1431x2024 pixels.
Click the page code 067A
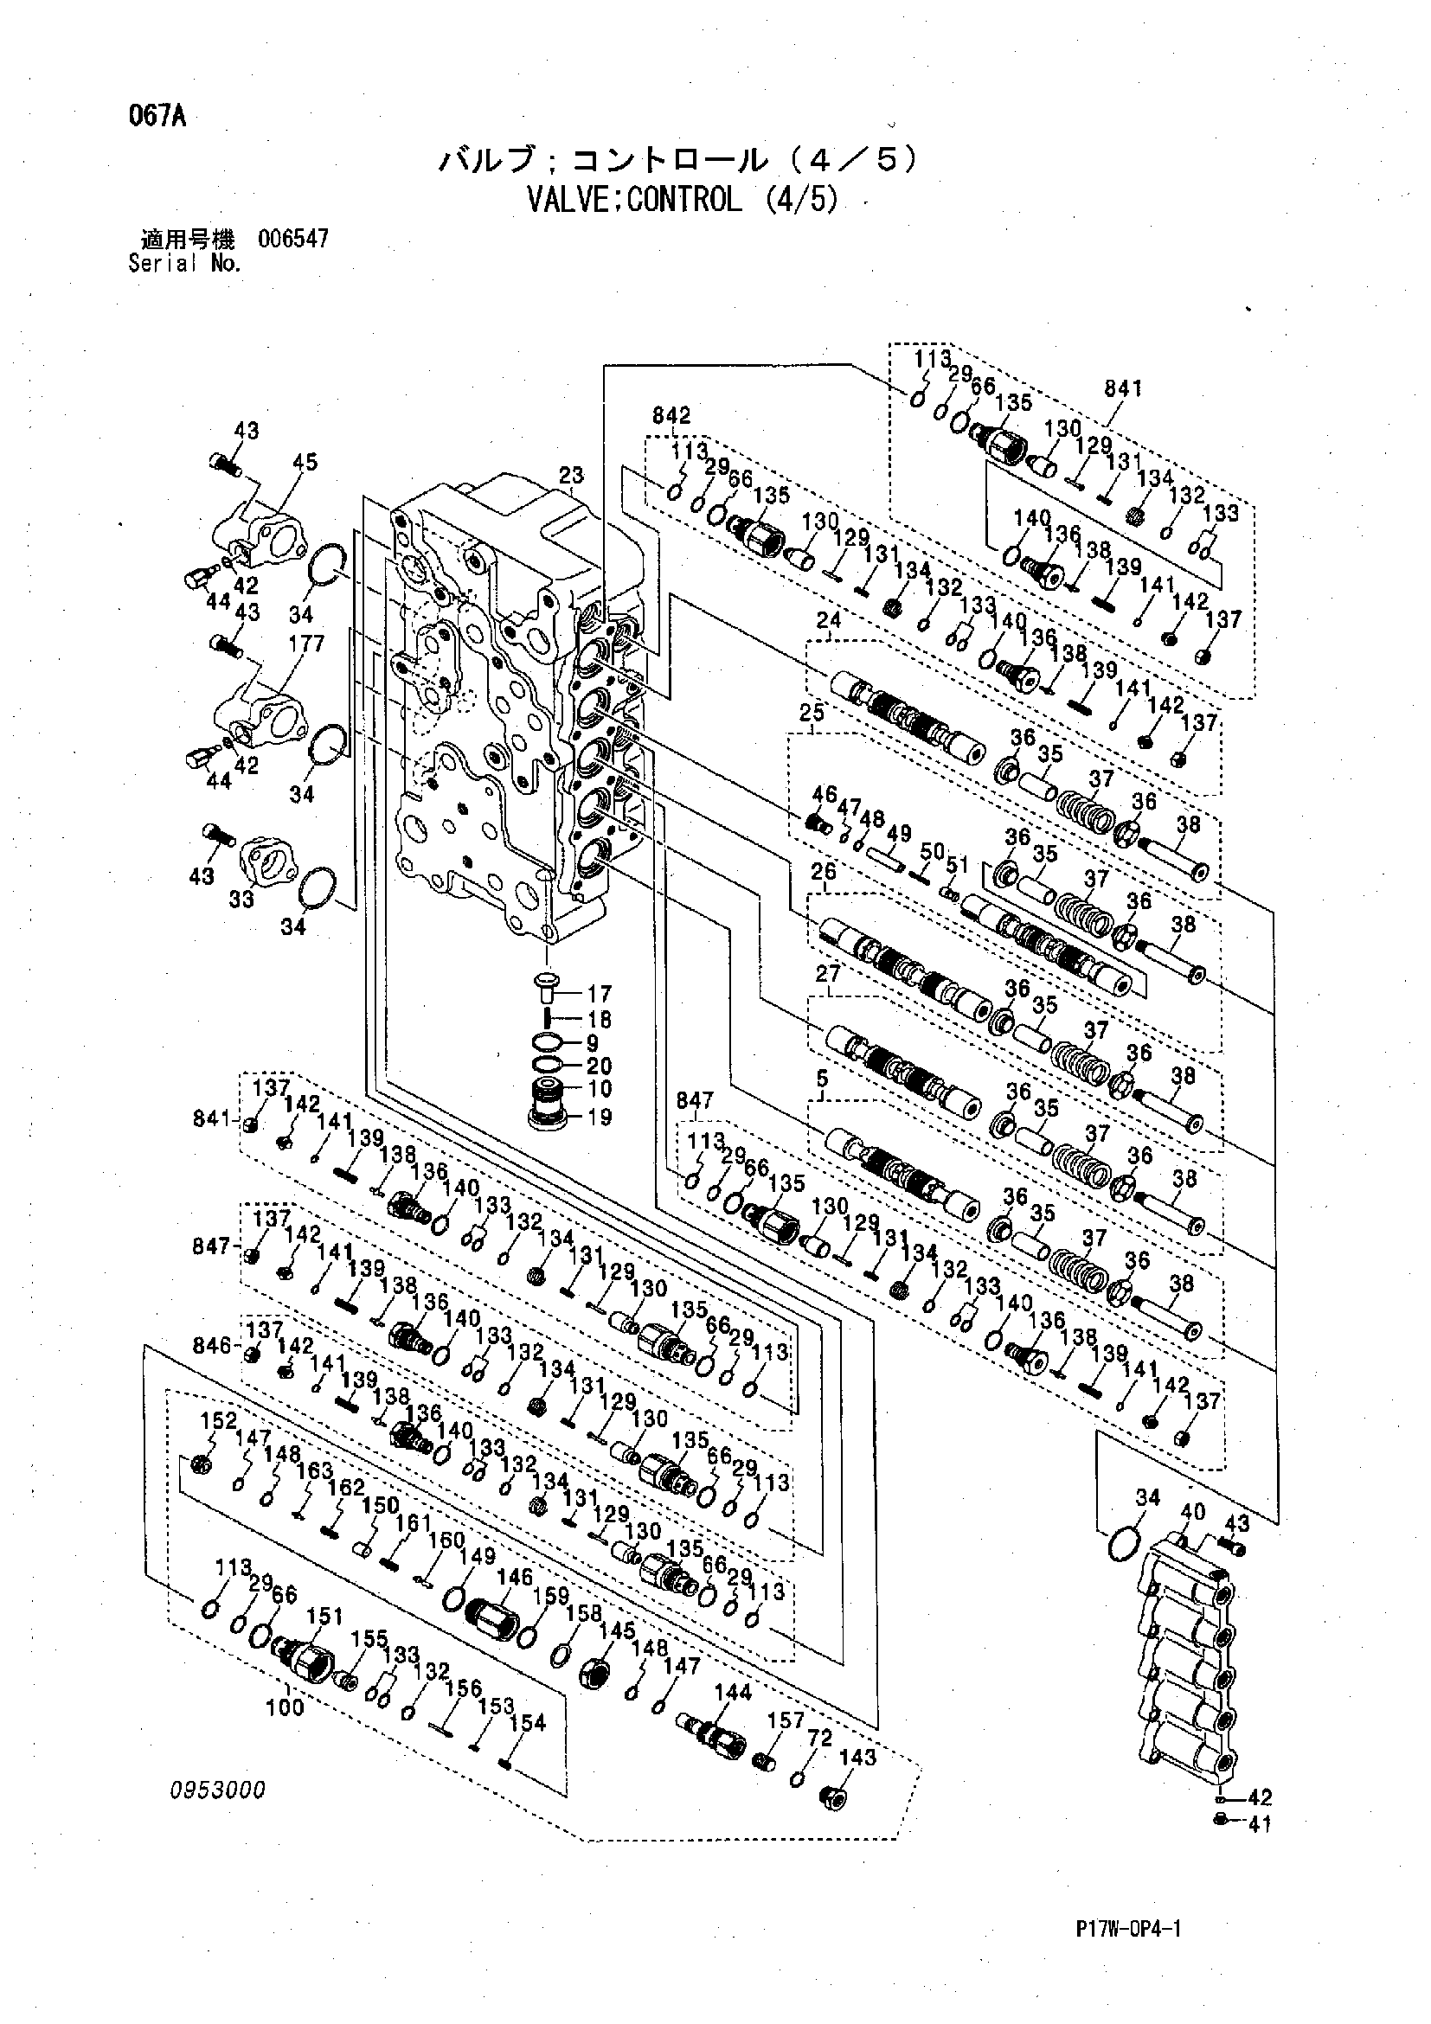(x=156, y=118)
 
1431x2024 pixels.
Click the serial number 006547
(x=292, y=239)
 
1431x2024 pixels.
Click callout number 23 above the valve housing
(x=572, y=475)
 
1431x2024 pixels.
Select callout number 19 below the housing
(x=599, y=1117)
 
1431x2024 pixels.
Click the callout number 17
(x=599, y=994)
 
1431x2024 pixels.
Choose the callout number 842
(x=671, y=414)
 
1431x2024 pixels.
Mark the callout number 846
(x=212, y=1345)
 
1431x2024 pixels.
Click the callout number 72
(x=820, y=1738)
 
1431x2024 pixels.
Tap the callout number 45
(x=305, y=462)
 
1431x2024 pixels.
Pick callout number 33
(x=241, y=899)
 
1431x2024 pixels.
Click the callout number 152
(x=219, y=1420)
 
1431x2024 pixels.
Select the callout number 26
(x=824, y=871)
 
